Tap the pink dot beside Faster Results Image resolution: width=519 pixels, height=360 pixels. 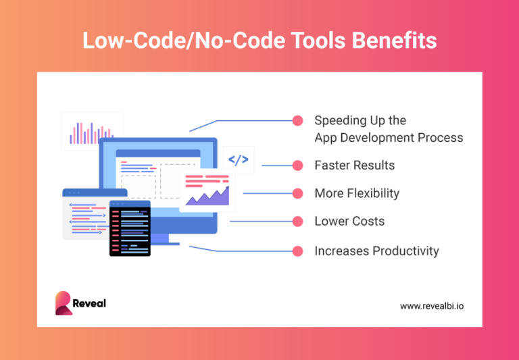click(297, 165)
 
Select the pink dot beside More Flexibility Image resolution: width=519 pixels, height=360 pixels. click(297, 193)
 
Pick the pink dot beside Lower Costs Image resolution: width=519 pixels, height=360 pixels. click(297, 221)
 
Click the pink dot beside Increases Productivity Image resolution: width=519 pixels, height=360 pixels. click(297, 251)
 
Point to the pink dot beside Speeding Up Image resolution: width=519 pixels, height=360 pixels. click(297, 121)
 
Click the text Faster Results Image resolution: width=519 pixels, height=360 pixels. click(354, 165)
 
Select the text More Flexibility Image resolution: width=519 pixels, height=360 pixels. click(357, 193)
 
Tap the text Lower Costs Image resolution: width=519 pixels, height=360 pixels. click(349, 221)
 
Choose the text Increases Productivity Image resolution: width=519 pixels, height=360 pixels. click(376, 251)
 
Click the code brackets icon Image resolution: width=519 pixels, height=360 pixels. click(238, 160)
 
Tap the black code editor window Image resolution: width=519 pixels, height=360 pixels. click(130, 228)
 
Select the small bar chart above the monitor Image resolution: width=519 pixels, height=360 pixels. click(92, 132)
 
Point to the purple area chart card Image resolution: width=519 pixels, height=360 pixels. click(207, 191)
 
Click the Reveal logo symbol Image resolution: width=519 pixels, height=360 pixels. click(64, 303)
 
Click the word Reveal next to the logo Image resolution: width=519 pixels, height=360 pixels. click(91, 303)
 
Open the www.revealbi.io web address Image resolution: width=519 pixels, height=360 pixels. click(431, 306)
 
